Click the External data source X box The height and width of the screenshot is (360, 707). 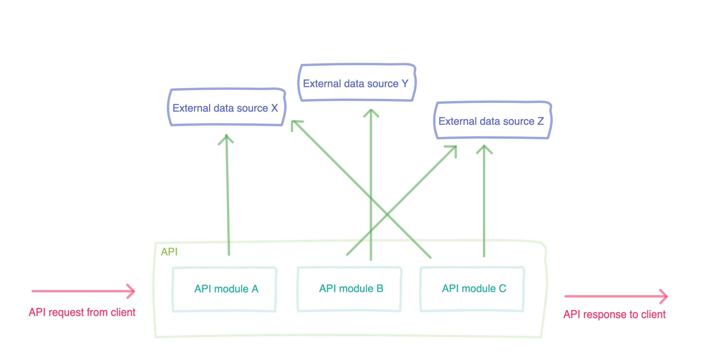click(x=226, y=107)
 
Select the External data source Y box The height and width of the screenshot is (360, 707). click(x=357, y=83)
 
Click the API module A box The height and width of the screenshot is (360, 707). click(x=224, y=289)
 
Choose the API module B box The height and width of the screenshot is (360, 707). click(x=349, y=289)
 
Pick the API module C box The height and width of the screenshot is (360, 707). click(x=472, y=289)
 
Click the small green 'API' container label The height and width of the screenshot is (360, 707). click(x=169, y=252)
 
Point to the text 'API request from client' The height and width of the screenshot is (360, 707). click(x=82, y=312)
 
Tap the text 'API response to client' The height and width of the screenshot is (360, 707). click(x=614, y=314)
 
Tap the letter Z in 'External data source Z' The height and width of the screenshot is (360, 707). click(x=540, y=121)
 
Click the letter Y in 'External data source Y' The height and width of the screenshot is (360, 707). click(x=405, y=83)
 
